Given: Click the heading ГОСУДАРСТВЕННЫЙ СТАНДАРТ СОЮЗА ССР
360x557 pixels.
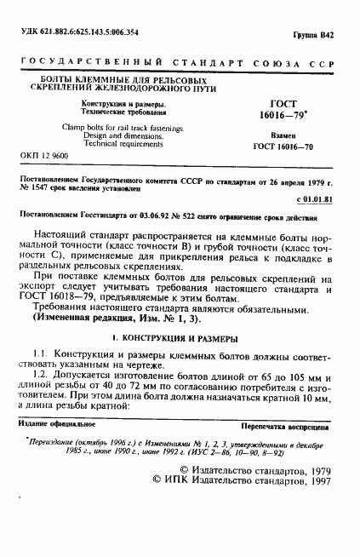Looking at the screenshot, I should click(179, 65).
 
